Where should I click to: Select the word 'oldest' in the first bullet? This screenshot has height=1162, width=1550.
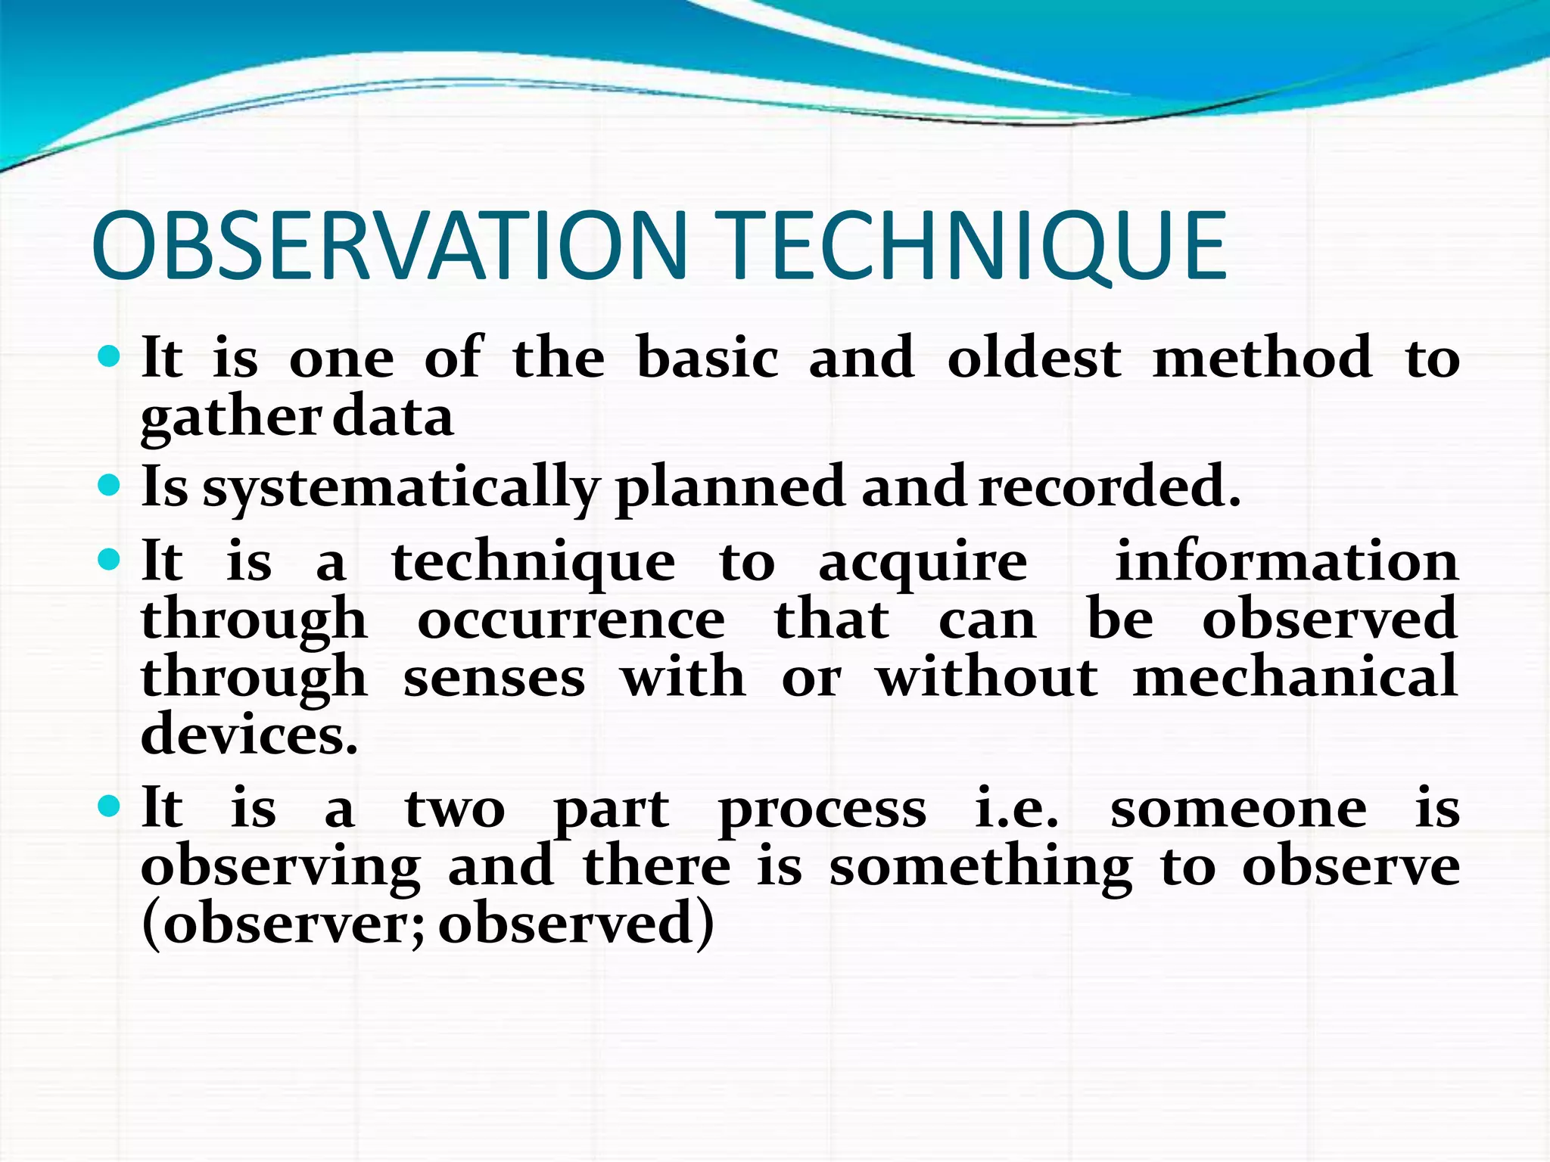coord(1034,358)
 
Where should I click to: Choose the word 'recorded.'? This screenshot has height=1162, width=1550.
coord(1110,486)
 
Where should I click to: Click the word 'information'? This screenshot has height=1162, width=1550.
coord(1287,561)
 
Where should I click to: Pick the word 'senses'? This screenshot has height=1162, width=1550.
coord(494,678)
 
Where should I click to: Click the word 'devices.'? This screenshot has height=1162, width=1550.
coord(249,735)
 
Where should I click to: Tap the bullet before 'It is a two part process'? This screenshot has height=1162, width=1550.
coord(110,806)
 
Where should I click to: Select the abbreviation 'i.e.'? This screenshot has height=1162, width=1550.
coord(1016,809)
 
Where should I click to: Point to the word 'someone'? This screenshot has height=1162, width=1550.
coord(1238,809)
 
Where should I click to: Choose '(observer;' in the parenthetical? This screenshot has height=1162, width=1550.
coord(285,924)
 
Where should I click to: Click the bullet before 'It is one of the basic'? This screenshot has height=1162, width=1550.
coord(110,356)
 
